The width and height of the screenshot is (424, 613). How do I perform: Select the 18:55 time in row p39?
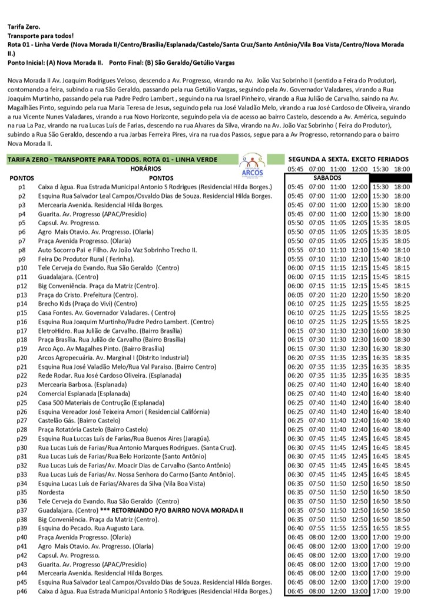click(x=402, y=528)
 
